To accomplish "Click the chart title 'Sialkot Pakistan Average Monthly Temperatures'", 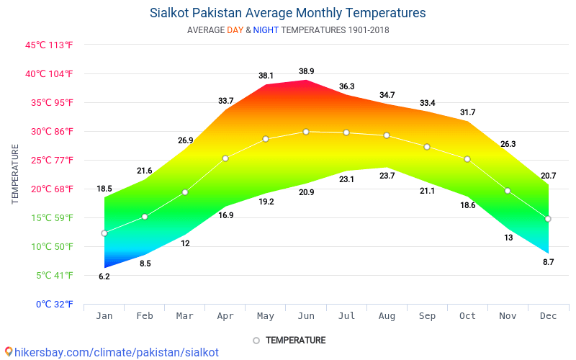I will tap(288, 13).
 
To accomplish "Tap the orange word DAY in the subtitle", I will tap(235, 30).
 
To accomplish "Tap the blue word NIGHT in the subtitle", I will tap(266, 30).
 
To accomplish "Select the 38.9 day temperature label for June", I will tap(306, 71).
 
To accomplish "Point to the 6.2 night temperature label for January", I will tap(104, 276).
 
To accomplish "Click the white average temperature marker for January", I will tap(104, 233).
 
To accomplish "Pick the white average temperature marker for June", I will tap(306, 132).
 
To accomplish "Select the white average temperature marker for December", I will tap(548, 219).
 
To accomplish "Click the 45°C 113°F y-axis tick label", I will tap(49, 45).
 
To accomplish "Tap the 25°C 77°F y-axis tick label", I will tap(49, 160).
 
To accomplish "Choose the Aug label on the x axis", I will tap(387, 316).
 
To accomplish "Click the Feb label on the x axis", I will tap(145, 316).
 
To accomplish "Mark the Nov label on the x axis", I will tap(508, 316).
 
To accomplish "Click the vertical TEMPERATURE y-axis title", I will tap(15, 174).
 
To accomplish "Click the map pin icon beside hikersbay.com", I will tap(8, 352).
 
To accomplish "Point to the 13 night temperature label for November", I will tap(508, 238).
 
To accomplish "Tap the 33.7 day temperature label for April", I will tap(225, 101).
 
